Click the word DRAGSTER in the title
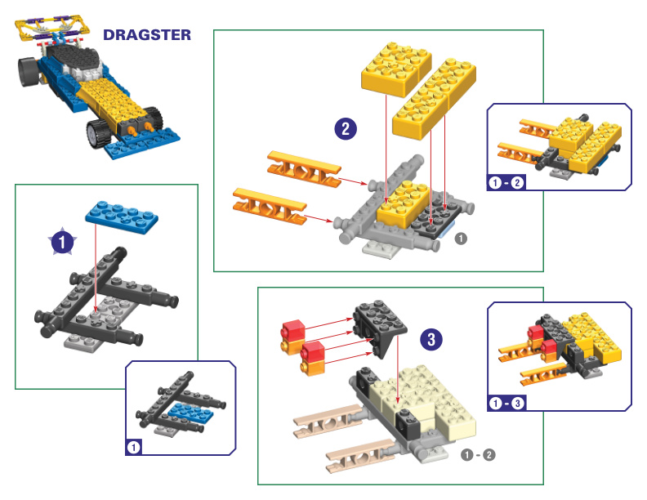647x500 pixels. (x=146, y=35)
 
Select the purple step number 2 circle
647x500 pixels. (x=346, y=128)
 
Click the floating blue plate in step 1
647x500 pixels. (x=121, y=217)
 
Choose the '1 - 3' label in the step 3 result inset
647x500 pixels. (x=506, y=403)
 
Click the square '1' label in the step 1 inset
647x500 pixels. (x=135, y=447)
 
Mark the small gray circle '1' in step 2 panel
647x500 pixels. (x=460, y=239)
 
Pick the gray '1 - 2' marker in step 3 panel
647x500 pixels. (x=478, y=454)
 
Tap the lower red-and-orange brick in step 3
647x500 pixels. (x=314, y=357)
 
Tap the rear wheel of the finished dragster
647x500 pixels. (x=29, y=74)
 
